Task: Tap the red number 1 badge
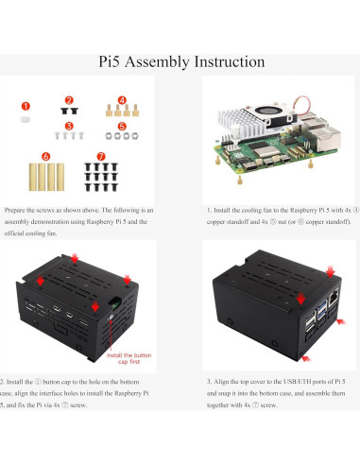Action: click(26, 106)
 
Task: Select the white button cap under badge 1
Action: click(26, 120)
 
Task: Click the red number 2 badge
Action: click(69, 99)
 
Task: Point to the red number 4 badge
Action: click(121, 99)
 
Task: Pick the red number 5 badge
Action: click(122, 125)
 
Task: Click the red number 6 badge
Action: click(45, 155)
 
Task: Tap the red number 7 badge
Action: click(101, 155)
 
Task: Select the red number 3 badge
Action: click(69, 125)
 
